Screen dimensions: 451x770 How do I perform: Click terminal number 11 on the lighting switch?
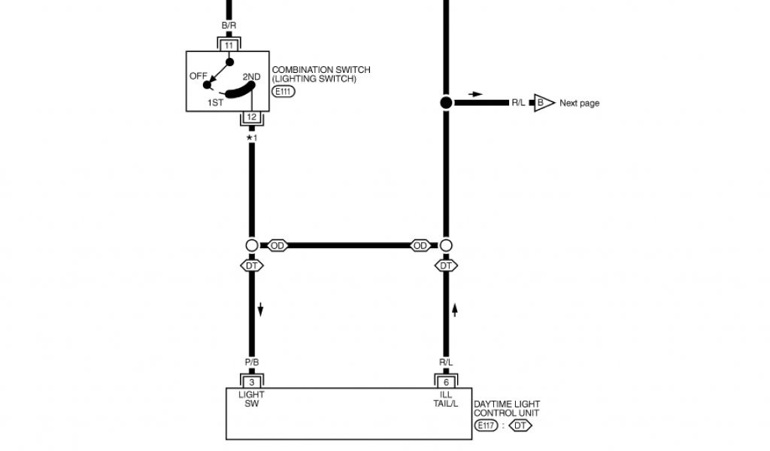tap(229, 45)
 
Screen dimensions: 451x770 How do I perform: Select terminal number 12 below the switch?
tap(252, 117)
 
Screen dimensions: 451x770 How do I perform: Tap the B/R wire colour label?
tap(229, 26)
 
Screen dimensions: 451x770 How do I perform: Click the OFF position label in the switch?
tap(199, 76)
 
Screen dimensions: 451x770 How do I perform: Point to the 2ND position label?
tap(251, 77)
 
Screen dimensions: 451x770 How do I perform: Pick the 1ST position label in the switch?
tap(215, 103)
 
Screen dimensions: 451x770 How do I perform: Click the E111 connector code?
tap(283, 92)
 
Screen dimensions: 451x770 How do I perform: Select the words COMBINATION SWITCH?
tap(321, 70)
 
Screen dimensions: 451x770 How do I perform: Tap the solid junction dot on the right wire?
tap(446, 102)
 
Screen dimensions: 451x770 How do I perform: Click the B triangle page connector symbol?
tap(542, 103)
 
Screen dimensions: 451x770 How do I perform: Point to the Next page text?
tap(579, 103)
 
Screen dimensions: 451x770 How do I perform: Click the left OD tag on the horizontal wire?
tap(277, 246)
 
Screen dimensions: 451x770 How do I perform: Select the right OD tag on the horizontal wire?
tap(420, 246)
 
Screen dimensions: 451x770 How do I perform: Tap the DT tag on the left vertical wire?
tap(252, 265)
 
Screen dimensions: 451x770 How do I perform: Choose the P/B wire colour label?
tap(252, 362)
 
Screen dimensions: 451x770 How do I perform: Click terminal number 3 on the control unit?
tap(252, 382)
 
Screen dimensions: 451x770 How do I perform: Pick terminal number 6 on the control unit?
tap(446, 382)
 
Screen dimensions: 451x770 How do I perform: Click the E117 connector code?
tap(486, 425)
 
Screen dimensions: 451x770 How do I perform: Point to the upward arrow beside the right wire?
tap(455, 310)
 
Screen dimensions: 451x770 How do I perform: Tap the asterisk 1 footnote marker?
tap(252, 138)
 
